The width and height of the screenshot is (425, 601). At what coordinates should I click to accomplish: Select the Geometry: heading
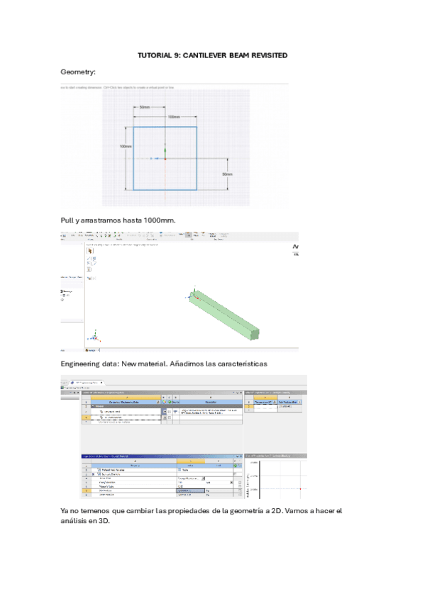click(x=78, y=72)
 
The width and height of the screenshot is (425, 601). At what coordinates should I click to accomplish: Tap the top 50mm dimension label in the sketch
click(x=144, y=107)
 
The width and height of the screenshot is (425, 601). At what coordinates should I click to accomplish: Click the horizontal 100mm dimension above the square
click(x=173, y=116)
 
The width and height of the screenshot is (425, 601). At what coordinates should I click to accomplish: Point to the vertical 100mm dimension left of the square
click(x=126, y=147)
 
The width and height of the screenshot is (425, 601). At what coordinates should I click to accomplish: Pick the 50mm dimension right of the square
click(x=227, y=174)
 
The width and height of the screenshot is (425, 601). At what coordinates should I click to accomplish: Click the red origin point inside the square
click(x=165, y=159)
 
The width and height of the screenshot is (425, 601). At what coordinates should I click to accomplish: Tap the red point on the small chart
click(x=301, y=488)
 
